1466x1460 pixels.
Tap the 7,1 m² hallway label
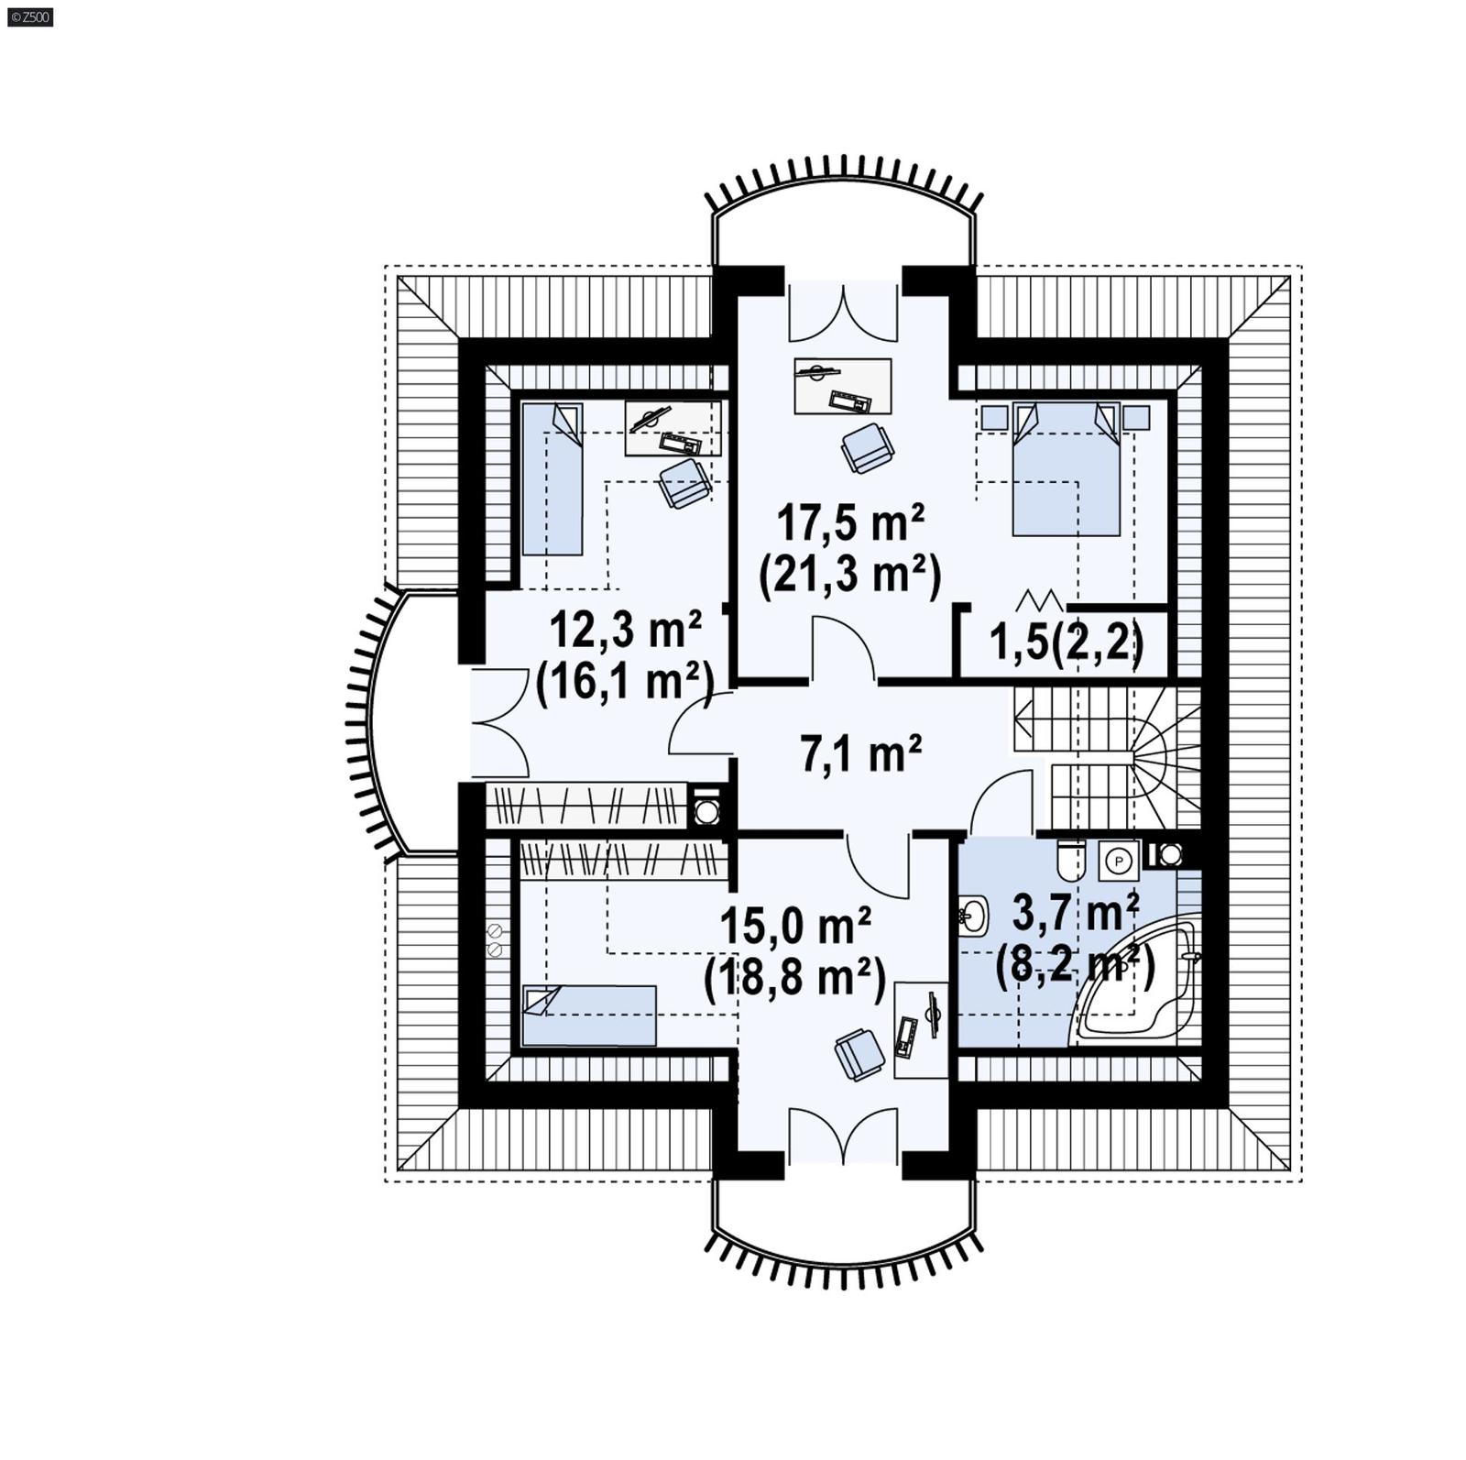point(860,754)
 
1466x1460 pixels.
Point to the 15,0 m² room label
point(794,927)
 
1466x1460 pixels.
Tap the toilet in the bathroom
point(1069,860)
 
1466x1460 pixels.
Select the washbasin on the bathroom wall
point(973,915)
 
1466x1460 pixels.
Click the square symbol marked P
point(1118,861)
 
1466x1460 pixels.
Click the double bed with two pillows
point(1066,469)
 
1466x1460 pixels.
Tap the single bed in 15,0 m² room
point(588,1015)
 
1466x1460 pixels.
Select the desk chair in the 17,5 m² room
point(867,447)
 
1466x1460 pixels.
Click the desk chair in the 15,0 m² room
point(859,1054)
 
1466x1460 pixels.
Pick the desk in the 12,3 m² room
point(673,428)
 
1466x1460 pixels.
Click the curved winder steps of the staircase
point(1165,752)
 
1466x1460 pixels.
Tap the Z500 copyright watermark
point(29,16)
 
